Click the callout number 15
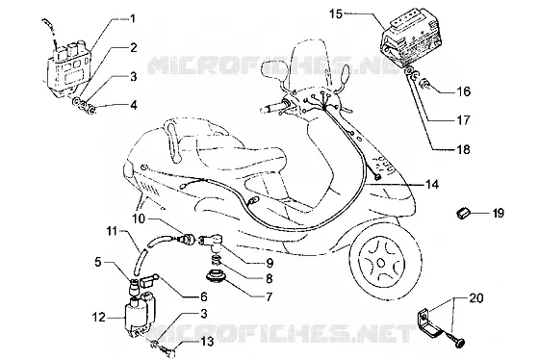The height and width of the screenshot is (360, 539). click(336, 14)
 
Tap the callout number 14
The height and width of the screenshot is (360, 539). click(432, 185)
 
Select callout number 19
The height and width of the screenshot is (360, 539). click(498, 213)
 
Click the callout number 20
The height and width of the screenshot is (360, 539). click(476, 297)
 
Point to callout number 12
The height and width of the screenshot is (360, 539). click(98, 317)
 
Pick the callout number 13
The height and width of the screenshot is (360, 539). click(207, 342)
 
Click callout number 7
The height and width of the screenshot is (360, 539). click(269, 296)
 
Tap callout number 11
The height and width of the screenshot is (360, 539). click(112, 231)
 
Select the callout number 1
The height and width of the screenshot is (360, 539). click(133, 18)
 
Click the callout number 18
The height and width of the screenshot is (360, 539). click(463, 149)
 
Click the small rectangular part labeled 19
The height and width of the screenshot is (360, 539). click(462, 213)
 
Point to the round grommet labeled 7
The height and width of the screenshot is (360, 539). click(215, 277)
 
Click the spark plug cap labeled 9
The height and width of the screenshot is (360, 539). click(211, 240)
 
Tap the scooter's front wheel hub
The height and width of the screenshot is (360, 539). click(381, 263)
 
